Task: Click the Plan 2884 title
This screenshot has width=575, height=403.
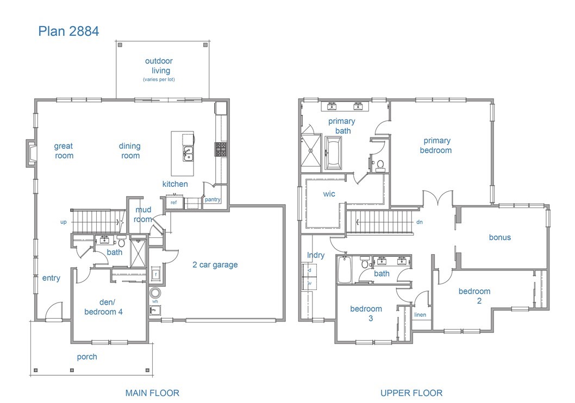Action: [68, 31]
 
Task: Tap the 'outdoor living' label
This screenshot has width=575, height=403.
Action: [159, 66]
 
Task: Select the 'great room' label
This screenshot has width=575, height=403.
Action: [64, 150]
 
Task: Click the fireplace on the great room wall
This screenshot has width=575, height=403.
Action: [32, 153]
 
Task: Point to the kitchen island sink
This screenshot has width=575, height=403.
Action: [187, 154]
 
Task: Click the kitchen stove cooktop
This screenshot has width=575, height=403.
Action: [221, 149]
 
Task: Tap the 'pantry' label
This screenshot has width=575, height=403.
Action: [212, 199]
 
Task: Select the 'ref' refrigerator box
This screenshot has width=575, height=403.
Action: [174, 203]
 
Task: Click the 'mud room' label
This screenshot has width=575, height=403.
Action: [143, 215]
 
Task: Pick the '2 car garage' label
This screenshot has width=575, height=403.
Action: [215, 265]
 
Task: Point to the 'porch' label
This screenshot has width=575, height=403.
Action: [87, 357]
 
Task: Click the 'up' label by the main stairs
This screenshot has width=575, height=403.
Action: [64, 222]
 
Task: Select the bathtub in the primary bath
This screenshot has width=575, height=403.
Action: [333, 153]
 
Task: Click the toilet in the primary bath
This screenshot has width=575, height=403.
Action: [380, 164]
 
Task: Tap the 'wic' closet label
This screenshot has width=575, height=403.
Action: [329, 194]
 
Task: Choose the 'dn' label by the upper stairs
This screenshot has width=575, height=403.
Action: [419, 222]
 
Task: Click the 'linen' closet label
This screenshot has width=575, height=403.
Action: [420, 315]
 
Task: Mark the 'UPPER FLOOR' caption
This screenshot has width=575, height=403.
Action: [411, 393]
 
